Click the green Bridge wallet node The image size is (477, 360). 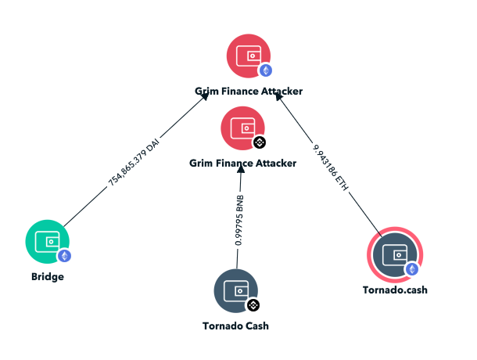click(47, 241)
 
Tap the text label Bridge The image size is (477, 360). click(47, 276)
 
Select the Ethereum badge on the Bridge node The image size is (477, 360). click(64, 255)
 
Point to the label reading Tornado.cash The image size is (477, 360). click(395, 290)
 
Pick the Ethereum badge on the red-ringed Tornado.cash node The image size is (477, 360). click(411, 269)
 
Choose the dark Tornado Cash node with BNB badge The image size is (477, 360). click(235, 290)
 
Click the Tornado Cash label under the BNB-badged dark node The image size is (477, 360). click(235, 326)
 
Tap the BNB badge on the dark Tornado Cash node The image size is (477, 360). click(253, 304)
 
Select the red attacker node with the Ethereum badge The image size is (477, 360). click(248, 56)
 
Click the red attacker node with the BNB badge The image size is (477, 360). click(242, 128)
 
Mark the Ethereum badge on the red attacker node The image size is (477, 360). click(266, 70)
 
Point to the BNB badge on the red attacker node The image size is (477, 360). click(260, 142)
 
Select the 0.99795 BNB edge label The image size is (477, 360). click(240, 221)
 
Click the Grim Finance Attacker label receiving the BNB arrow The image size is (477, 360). click(242, 163)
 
